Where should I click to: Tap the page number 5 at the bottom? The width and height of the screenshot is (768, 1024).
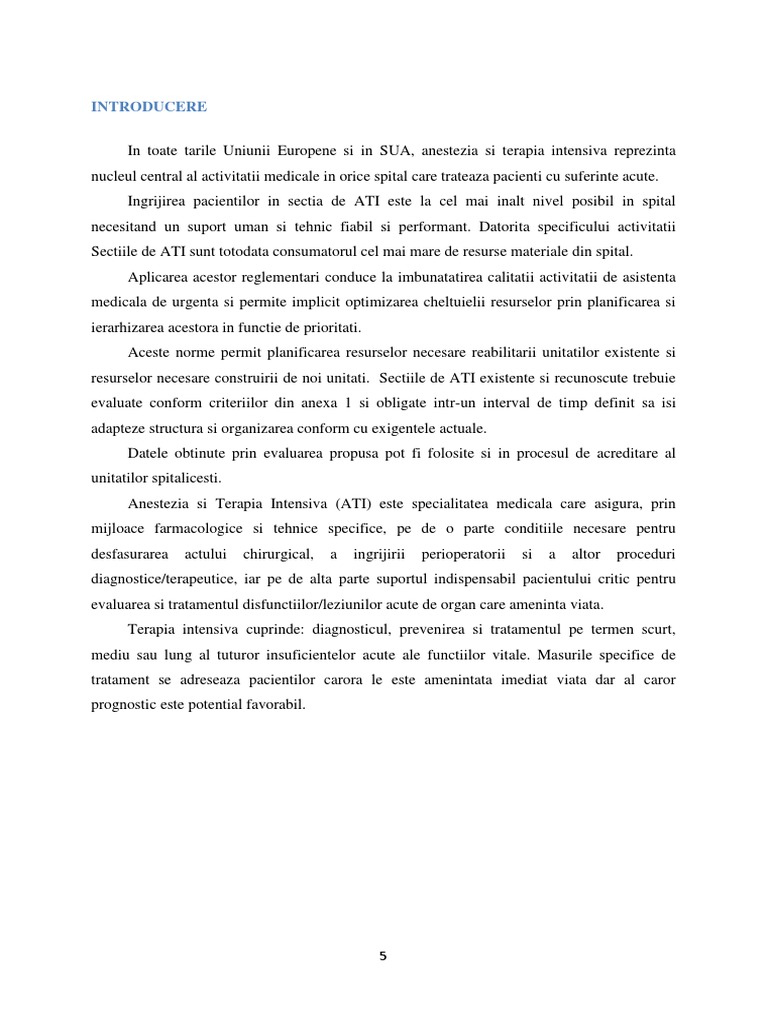[x=383, y=956]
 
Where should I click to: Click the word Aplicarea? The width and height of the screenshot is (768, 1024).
[x=157, y=277]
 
